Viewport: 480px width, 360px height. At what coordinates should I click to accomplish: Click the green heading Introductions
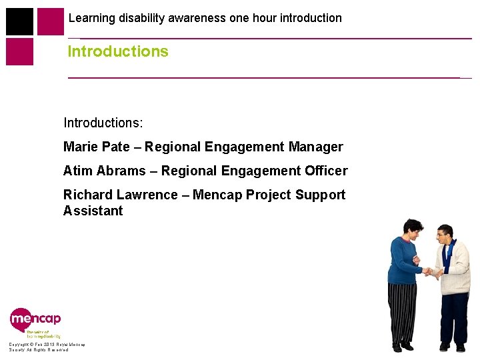click(x=118, y=51)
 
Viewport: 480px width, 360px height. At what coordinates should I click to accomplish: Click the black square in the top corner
click(x=19, y=21)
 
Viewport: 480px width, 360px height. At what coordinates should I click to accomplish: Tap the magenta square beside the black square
click(x=51, y=21)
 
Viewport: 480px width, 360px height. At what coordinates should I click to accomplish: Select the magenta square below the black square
click(x=19, y=52)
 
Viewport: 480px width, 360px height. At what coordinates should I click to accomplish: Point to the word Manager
click(x=316, y=147)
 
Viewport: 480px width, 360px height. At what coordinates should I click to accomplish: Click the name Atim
click(x=77, y=171)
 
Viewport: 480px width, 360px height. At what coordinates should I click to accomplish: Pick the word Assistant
click(x=93, y=211)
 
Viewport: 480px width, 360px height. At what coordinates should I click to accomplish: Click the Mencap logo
click(x=35, y=319)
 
